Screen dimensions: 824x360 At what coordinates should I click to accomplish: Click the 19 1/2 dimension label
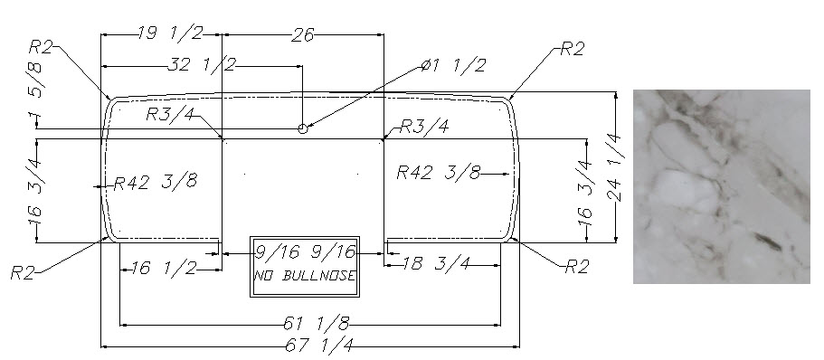click(170, 33)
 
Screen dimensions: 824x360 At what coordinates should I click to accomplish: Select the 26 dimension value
click(304, 34)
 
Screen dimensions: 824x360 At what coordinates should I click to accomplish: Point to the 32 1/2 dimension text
click(202, 64)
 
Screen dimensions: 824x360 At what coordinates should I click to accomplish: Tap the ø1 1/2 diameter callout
click(453, 66)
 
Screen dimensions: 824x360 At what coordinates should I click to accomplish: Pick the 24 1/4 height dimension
click(615, 168)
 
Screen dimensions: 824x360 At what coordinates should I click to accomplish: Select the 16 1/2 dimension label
click(164, 268)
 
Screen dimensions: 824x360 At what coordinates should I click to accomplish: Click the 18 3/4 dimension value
click(436, 263)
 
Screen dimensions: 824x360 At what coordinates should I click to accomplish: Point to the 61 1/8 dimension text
click(317, 324)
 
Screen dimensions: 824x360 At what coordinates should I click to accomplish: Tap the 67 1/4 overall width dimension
click(319, 346)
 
